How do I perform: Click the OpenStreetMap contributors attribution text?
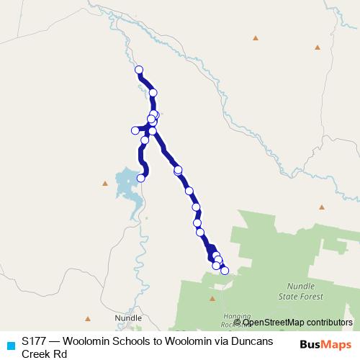pyautogui.click(x=297, y=323)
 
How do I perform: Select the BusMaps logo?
pyautogui.click(x=326, y=344)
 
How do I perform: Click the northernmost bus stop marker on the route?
pyautogui.click(x=139, y=70)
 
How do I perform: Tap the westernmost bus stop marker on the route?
pyautogui.click(x=135, y=130)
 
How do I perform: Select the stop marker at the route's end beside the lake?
pyautogui.click(x=141, y=178)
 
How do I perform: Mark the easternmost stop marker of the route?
pyautogui.click(x=225, y=271)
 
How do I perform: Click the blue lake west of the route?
pyautogui.click(x=127, y=185)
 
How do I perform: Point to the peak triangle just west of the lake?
pyautogui.click(x=105, y=184)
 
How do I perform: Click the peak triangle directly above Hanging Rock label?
pyautogui.click(x=212, y=298)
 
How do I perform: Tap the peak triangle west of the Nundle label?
pyautogui.click(x=88, y=318)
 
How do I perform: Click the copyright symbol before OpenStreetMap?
pyautogui.click(x=238, y=323)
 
